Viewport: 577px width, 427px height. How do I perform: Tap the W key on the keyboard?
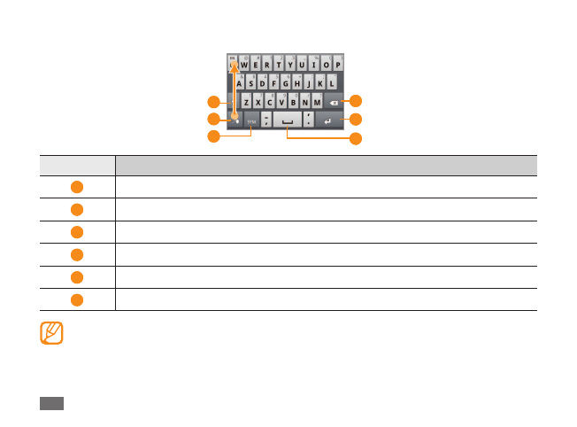(x=245, y=65)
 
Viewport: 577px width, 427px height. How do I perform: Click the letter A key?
(x=239, y=83)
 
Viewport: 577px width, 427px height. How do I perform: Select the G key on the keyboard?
(x=286, y=83)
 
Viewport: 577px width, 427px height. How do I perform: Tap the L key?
(x=332, y=83)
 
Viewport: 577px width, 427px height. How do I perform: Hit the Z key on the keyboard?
(x=246, y=102)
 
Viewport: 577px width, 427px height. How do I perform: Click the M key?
(x=317, y=102)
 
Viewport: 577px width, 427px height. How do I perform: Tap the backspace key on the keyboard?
(x=334, y=102)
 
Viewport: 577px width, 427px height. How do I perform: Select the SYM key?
(x=250, y=120)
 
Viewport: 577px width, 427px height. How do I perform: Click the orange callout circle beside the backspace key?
(x=356, y=101)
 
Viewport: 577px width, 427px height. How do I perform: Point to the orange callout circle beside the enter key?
(x=356, y=120)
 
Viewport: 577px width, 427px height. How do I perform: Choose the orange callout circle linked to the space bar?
(x=356, y=138)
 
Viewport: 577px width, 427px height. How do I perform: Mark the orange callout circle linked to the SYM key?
(x=212, y=136)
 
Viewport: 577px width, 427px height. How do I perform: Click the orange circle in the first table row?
(x=77, y=187)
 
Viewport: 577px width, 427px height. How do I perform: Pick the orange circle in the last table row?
(x=77, y=299)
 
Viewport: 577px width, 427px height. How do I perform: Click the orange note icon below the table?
(x=52, y=333)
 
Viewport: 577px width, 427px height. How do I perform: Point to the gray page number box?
(x=51, y=403)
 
